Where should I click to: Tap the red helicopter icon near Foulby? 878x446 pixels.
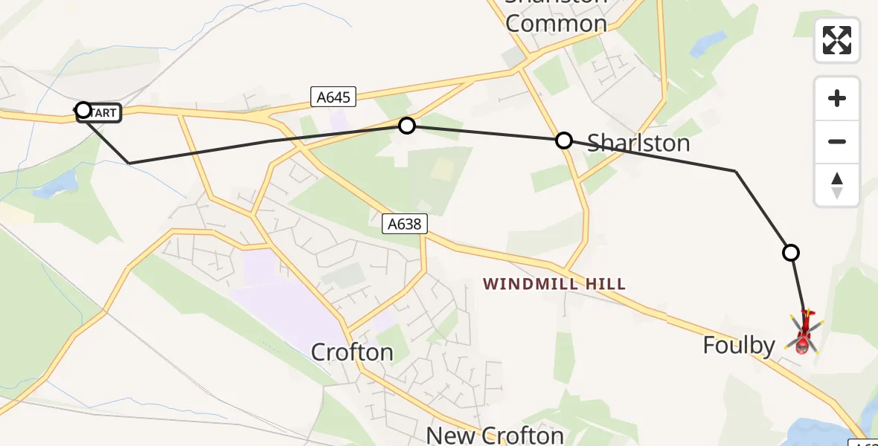coord(803,334)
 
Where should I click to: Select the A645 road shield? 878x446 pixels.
coord(334,97)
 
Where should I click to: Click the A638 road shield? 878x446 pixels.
coord(406,224)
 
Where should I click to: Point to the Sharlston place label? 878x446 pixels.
coord(638,143)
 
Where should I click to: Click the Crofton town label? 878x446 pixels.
coord(352,352)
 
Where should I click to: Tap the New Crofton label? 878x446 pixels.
coord(495,434)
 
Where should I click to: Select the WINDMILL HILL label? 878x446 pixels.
coord(554,284)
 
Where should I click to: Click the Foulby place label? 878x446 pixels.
coord(739,345)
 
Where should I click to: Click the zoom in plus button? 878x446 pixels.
coord(837,98)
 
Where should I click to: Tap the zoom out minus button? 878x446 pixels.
coord(837,141)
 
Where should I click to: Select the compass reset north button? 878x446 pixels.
coord(837,185)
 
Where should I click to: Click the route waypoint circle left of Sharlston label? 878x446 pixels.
coord(564,140)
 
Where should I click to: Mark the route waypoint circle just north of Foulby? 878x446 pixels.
coord(791,253)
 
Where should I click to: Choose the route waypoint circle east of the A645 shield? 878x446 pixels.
coord(406,126)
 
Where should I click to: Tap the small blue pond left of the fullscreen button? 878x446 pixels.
coord(708,44)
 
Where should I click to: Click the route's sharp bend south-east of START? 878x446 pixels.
coord(129,163)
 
